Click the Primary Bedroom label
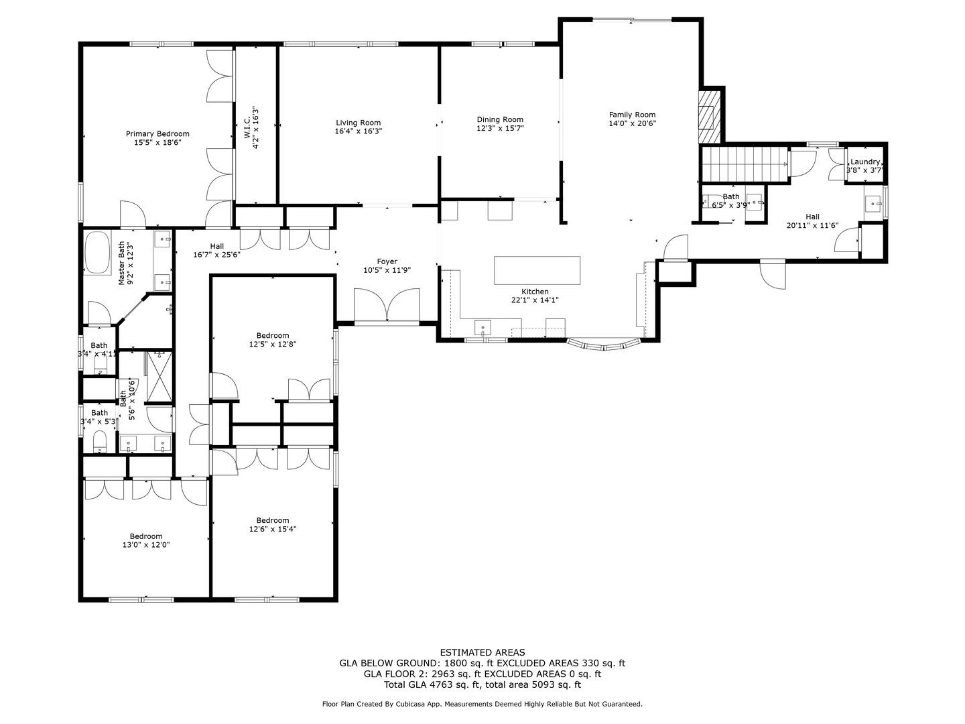(x=157, y=134)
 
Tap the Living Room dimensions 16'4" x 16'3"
(x=359, y=131)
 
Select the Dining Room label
(x=500, y=119)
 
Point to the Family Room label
(x=632, y=115)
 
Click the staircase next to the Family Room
(x=744, y=164)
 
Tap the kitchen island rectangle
(x=537, y=270)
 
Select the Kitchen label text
(x=535, y=292)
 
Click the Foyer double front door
(x=387, y=306)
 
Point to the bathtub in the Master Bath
(x=98, y=253)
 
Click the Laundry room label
(x=864, y=162)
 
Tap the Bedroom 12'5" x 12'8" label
(x=273, y=335)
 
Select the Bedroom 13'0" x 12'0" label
(x=146, y=536)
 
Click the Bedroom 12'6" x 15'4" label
(x=273, y=520)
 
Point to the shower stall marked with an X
(x=159, y=377)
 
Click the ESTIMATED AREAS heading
(x=482, y=652)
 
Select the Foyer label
(x=387, y=261)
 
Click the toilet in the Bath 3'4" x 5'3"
(x=99, y=441)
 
